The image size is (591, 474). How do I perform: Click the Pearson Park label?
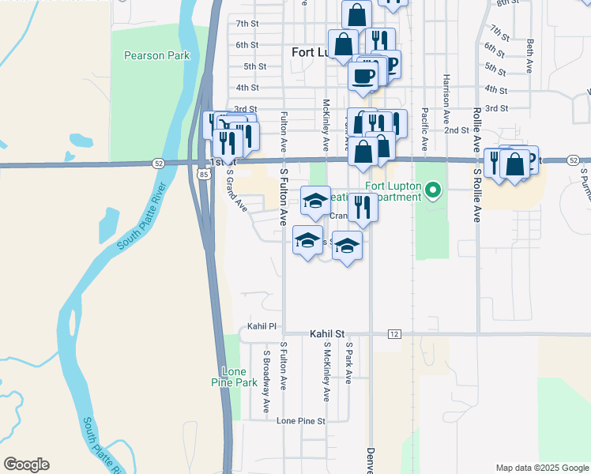[146, 56]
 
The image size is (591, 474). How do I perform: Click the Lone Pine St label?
[301, 421]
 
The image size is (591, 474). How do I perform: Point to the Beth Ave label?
[529, 55]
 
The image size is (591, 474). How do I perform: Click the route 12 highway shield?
[393, 334]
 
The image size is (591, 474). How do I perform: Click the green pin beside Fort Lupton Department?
[432, 190]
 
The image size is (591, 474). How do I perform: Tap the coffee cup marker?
[363, 76]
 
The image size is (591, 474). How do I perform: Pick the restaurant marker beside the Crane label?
[363, 208]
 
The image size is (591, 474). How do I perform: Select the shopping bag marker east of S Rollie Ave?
[514, 164]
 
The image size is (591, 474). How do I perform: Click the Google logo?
[26, 465]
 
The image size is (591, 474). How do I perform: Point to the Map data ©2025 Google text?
[541, 468]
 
